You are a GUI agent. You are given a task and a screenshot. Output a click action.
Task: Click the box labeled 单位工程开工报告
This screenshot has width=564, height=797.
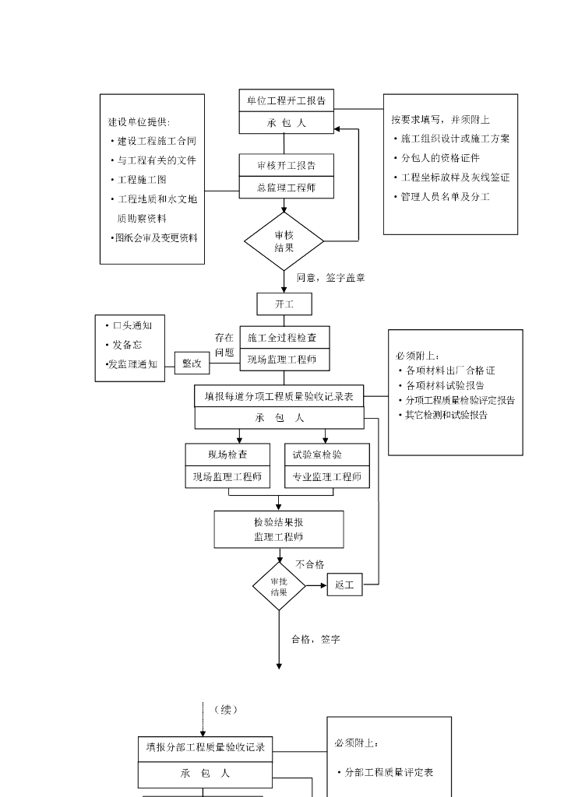[286, 100]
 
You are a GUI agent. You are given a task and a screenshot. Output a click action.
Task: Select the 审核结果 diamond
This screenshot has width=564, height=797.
[284, 241]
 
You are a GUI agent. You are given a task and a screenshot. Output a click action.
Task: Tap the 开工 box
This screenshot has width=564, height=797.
[284, 304]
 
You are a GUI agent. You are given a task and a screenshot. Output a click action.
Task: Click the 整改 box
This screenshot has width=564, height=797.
[192, 363]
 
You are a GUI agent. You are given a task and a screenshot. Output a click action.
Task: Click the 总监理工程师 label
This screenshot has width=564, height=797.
[286, 188]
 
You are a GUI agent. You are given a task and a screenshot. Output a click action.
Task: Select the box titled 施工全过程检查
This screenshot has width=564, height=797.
[284, 337]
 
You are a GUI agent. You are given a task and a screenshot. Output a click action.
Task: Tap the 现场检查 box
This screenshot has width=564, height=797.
[227, 455]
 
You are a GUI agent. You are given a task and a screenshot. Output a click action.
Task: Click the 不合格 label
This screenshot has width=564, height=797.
[309, 564]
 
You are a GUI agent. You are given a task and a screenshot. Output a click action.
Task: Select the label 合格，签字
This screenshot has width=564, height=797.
[315, 639]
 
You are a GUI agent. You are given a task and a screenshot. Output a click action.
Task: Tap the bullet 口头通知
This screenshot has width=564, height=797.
[131, 325]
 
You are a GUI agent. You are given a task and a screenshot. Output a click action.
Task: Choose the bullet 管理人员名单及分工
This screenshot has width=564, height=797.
[444, 197]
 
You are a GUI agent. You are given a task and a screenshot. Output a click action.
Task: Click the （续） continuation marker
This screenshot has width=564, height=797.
[225, 709]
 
